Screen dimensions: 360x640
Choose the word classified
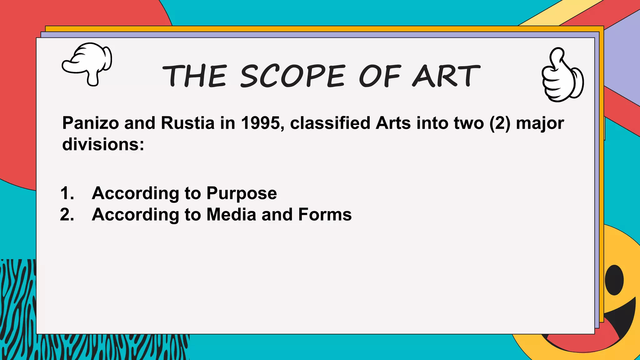coord(330,123)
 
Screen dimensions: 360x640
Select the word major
coord(540,123)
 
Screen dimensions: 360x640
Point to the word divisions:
coord(103,144)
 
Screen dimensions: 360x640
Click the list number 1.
coord(67,193)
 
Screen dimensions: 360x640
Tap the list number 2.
coord(67,215)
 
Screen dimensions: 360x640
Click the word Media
coord(231,215)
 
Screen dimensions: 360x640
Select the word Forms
coord(325,215)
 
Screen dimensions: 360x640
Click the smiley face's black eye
coord(614,280)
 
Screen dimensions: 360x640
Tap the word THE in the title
coord(194,76)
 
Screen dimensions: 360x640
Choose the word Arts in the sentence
coord(393,123)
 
